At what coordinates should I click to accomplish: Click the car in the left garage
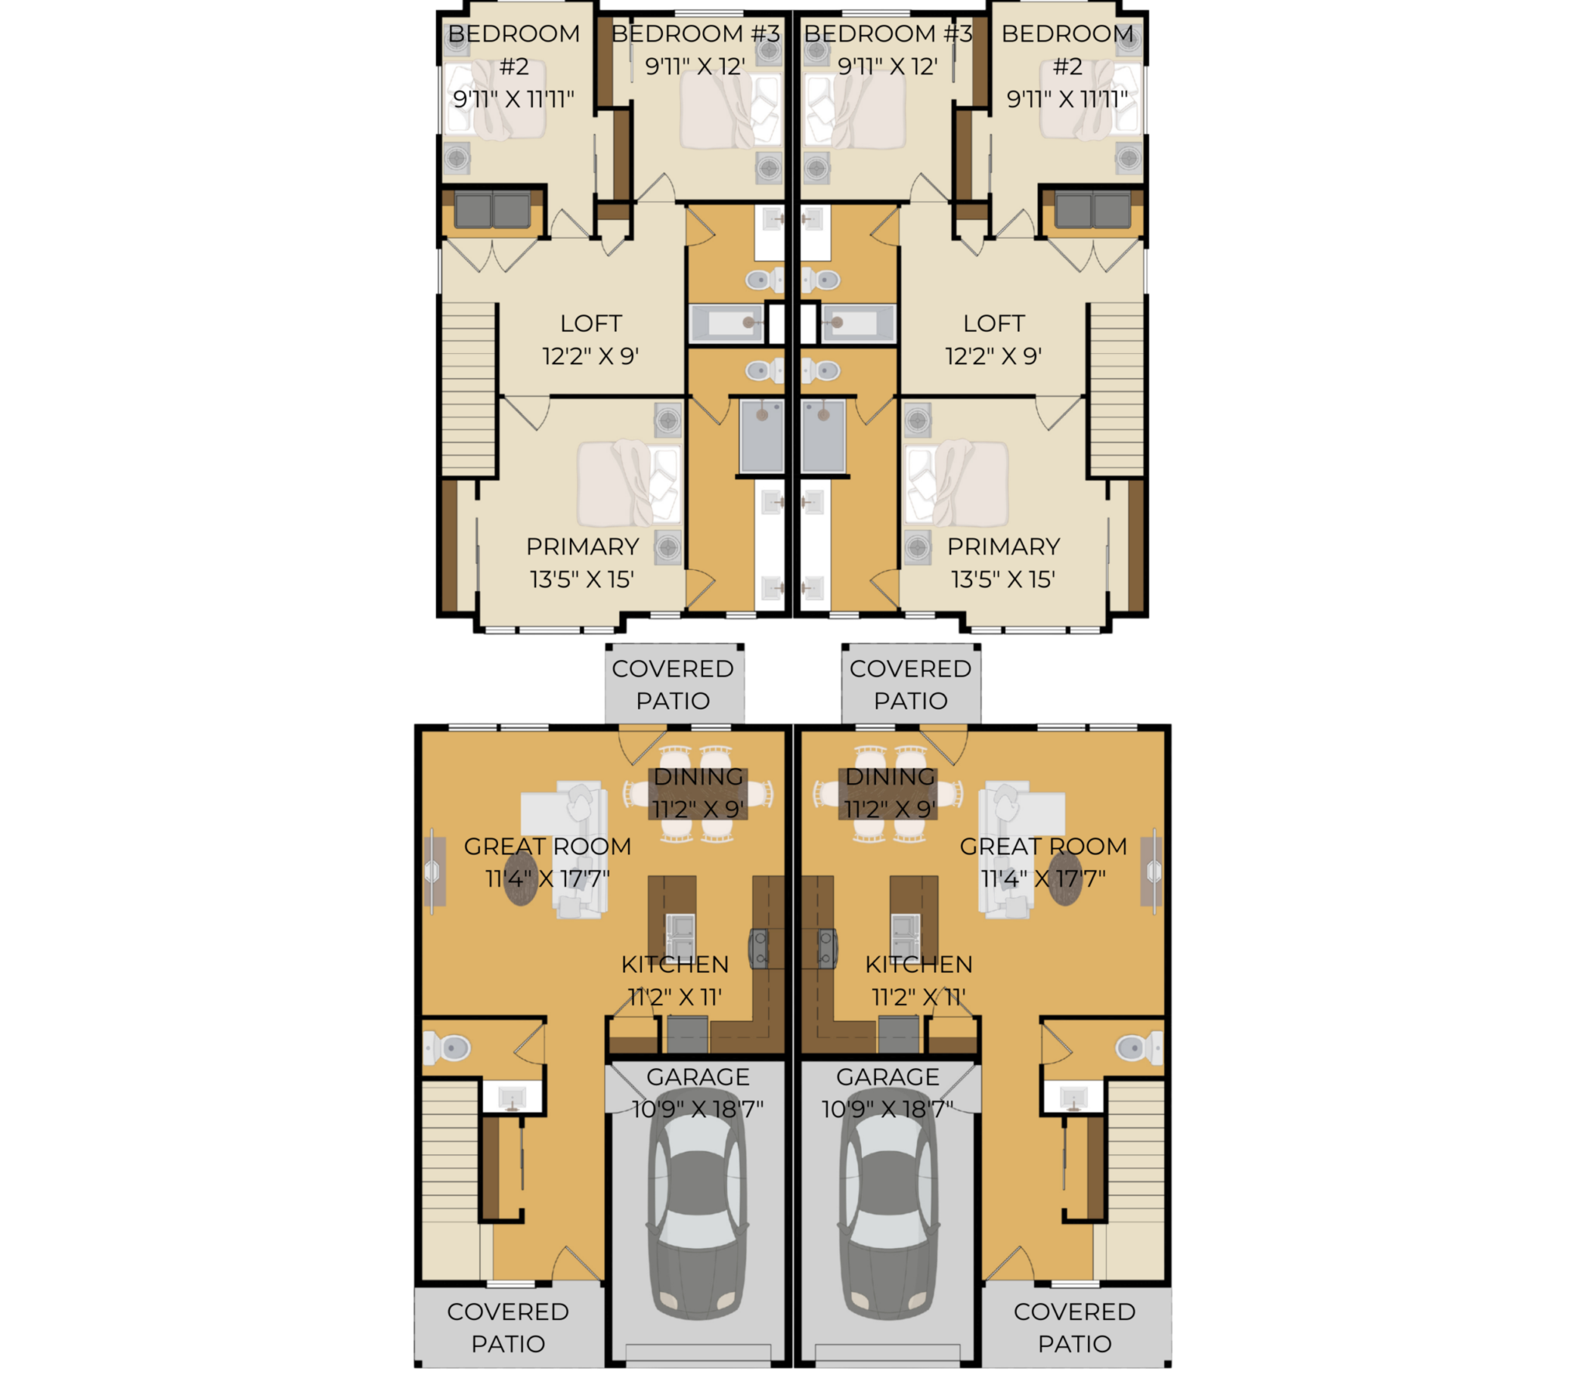point(697,1217)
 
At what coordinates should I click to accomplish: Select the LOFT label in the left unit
point(591,323)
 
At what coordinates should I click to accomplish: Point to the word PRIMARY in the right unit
point(1003,546)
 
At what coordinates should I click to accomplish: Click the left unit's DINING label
point(699,776)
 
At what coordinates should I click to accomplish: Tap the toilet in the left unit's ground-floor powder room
point(447,1049)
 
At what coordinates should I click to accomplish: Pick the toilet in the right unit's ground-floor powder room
point(1138,1049)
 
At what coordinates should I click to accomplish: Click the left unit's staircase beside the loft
point(469,389)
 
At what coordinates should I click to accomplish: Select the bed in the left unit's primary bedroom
point(628,484)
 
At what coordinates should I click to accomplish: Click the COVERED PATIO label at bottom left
point(508,1327)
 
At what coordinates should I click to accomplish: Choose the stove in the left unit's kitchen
point(759,948)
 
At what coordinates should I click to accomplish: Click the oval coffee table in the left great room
point(520,878)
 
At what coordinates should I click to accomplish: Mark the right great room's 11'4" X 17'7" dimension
point(1043,878)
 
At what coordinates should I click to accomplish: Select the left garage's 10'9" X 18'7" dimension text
point(697,1109)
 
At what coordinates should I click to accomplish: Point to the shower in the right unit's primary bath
point(822,436)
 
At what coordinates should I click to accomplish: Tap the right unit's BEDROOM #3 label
point(887,33)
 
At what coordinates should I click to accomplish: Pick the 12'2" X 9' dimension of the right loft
point(993,356)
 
